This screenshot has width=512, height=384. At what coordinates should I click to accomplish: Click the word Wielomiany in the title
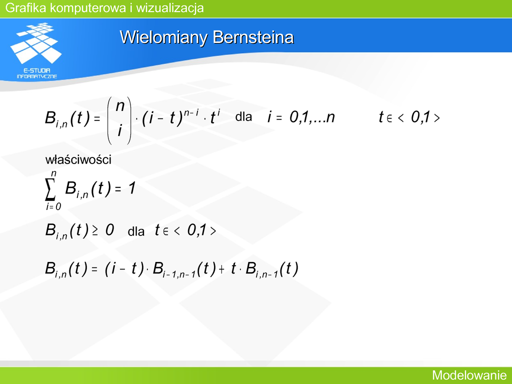tap(164, 37)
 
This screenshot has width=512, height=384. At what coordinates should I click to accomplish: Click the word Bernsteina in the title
tap(253, 37)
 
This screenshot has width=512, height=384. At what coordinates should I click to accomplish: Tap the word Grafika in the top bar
tap(26, 8)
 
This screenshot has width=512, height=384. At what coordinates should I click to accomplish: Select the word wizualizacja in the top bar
tap(170, 8)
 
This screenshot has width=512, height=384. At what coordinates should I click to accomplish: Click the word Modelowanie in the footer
tap(469, 375)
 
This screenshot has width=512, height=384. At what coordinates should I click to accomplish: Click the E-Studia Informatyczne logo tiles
tap(36, 42)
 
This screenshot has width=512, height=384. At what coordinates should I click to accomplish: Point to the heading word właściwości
tap(78, 159)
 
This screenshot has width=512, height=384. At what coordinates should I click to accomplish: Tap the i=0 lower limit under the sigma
tap(53, 206)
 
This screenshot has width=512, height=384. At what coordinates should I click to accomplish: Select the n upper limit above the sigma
tap(53, 173)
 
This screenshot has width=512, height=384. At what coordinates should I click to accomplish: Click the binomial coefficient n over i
tap(120, 120)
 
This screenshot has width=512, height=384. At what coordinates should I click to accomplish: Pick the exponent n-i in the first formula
tap(191, 112)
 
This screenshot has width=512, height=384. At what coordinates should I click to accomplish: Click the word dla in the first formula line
tap(243, 116)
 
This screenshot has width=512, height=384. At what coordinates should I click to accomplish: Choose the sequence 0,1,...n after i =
tap(312, 117)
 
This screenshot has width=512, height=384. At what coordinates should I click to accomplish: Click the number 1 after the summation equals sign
tap(131, 188)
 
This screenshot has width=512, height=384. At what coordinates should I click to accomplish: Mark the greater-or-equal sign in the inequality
tap(95, 231)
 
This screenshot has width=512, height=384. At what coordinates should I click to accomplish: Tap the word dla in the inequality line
tap(136, 231)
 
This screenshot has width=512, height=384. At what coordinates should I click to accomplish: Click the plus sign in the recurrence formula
tap(221, 269)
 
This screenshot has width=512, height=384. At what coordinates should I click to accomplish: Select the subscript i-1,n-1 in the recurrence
tap(179, 275)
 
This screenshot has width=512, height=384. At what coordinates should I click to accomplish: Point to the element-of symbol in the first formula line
tap(389, 118)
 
